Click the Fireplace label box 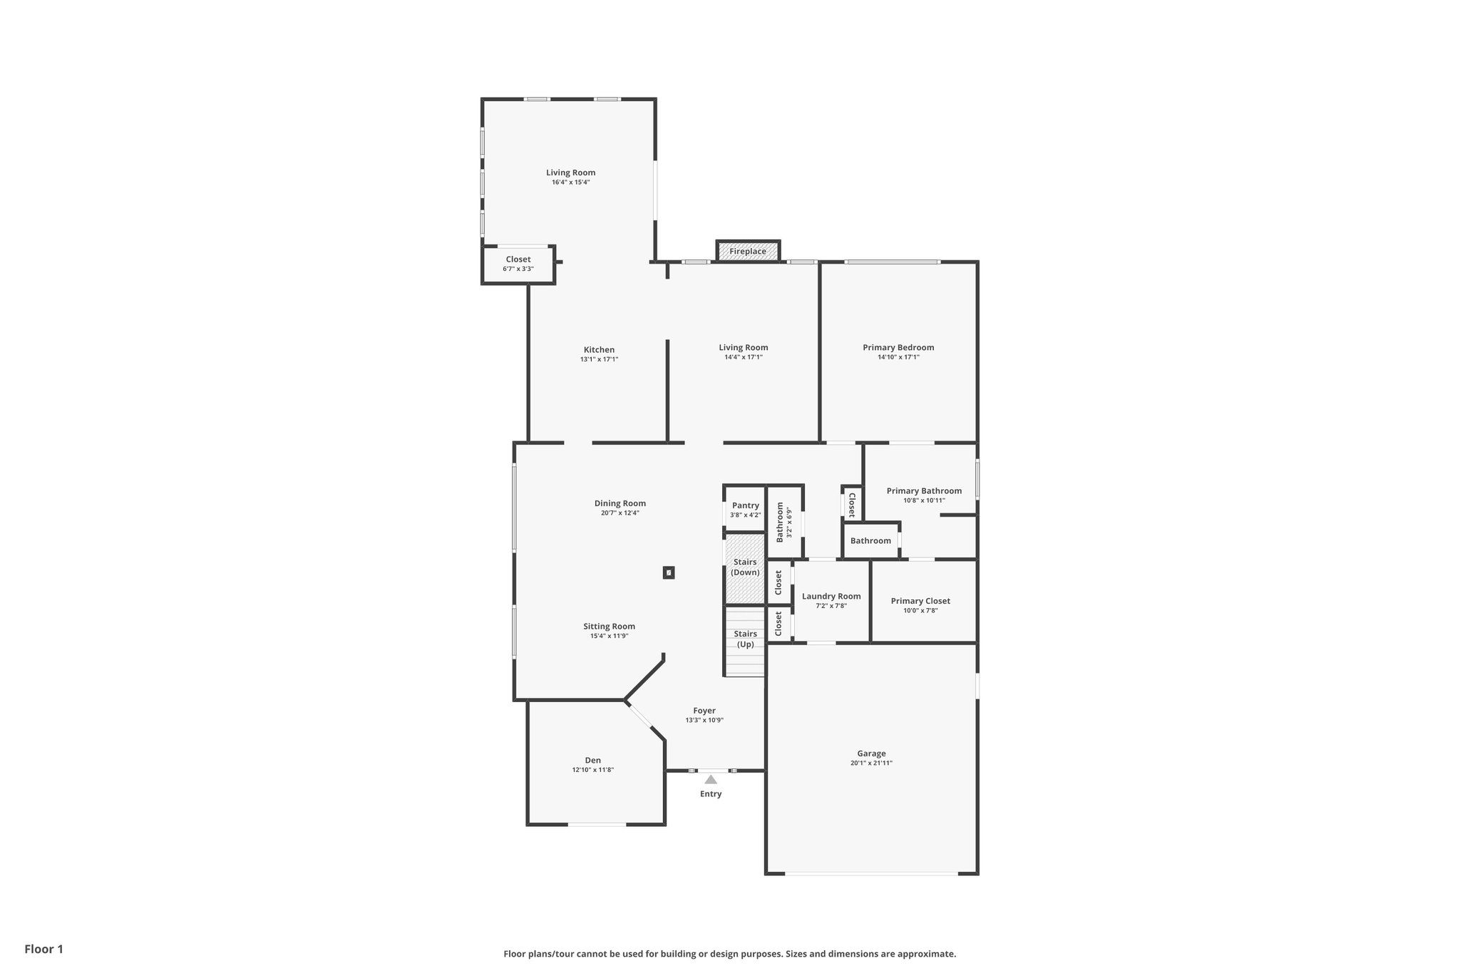click(747, 252)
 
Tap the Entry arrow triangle click(711, 780)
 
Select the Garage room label click(871, 753)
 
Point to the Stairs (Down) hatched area click(745, 568)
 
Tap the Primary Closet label click(920, 601)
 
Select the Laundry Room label click(831, 597)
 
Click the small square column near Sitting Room click(669, 572)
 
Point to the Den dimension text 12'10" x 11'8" click(592, 770)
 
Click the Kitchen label click(599, 350)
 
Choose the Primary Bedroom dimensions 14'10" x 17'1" click(898, 357)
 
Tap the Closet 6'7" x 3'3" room click(518, 264)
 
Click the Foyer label click(704, 711)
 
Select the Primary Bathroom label click(924, 491)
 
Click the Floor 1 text click(44, 949)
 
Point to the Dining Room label click(620, 503)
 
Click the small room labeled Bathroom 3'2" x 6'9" click(784, 522)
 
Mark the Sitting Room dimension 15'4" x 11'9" click(609, 636)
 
